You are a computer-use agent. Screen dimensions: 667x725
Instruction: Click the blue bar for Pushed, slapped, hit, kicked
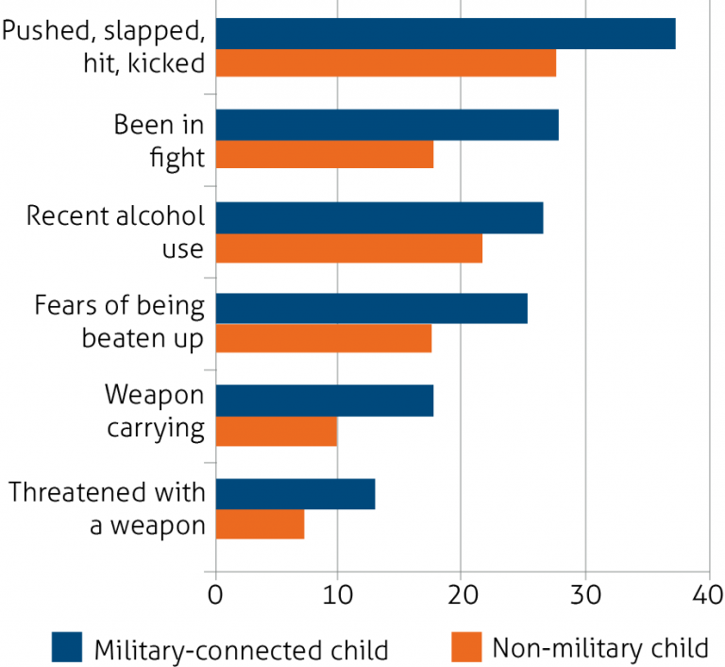[x=446, y=33]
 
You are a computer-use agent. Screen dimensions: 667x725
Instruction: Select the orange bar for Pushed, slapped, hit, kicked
[x=386, y=62]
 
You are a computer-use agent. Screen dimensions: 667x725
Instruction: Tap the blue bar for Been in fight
[x=387, y=125]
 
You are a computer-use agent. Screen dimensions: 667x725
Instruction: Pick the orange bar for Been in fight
[x=325, y=154]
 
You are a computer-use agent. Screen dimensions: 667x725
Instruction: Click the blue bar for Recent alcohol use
[x=379, y=217]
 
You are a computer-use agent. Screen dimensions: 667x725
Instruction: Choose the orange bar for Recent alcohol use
[x=349, y=248]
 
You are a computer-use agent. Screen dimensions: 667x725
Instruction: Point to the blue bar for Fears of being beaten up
[x=372, y=308]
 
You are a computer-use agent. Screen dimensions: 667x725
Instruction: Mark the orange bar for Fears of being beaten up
[x=324, y=337]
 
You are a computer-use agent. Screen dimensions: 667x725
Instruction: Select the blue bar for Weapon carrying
[x=325, y=401]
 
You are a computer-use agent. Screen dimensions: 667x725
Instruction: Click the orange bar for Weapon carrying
[x=277, y=431]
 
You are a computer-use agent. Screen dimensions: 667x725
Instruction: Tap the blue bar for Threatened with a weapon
[x=295, y=493]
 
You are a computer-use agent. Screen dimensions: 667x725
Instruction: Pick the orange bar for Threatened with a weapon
[x=261, y=522]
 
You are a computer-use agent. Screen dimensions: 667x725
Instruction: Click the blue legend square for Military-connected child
[x=67, y=648]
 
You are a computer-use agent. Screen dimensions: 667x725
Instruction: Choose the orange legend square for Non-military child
[x=466, y=648]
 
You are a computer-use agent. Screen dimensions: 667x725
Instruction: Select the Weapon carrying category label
[x=155, y=411]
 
